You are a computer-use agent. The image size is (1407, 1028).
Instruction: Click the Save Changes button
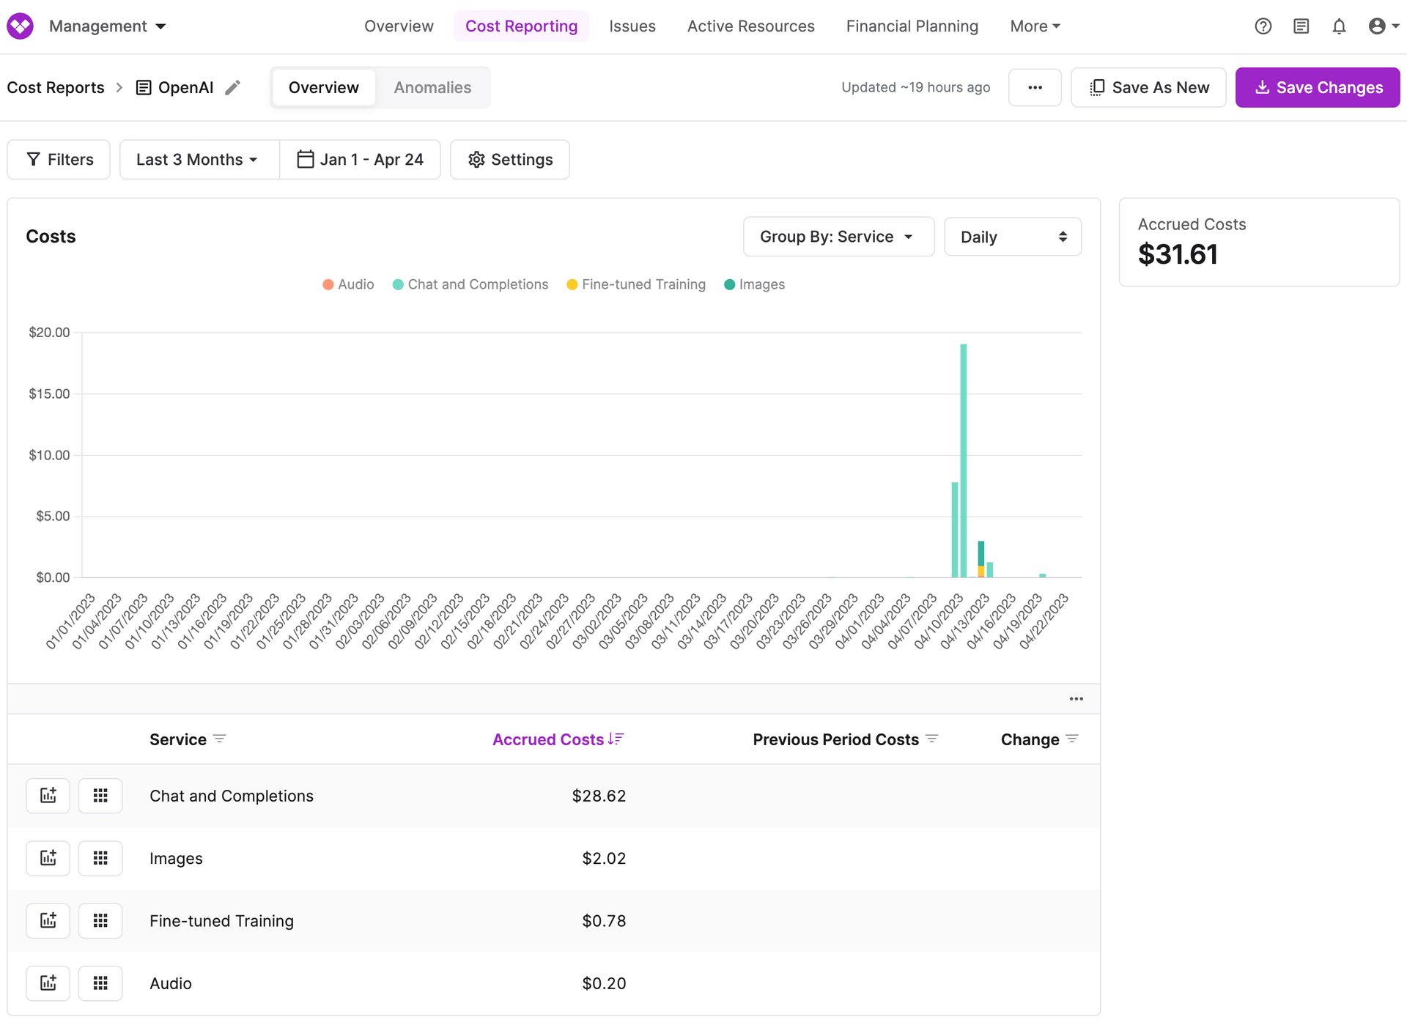[x=1317, y=88]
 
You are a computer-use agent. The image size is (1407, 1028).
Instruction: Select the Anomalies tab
[x=432, y=88]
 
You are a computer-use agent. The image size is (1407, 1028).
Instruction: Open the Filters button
[x=59, y=160]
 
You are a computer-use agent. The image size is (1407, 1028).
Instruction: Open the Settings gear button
[x=510, y=160]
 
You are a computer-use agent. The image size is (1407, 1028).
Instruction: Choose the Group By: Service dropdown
[x=838, y=237]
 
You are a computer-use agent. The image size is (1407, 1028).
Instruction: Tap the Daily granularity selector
[x=1012, y=237]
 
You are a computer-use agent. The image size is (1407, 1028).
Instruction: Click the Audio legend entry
[x=349, y=284]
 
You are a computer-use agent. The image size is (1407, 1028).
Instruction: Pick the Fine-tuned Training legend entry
[x=636, y=284]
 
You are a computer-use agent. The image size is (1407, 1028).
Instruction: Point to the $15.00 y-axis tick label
[x=49, y=394]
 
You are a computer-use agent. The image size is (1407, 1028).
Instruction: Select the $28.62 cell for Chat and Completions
[x=599, y=796]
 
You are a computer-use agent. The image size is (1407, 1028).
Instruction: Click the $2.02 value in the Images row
[x=604, y=859]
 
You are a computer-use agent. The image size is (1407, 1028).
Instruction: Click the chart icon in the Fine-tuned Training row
[x=48, y=921]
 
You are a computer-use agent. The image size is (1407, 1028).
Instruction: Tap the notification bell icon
[x=1339, y=26]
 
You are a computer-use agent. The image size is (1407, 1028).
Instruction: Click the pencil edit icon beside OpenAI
[x=232, y=88]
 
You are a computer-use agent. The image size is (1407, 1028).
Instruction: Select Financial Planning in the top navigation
[x=912, y=26]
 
